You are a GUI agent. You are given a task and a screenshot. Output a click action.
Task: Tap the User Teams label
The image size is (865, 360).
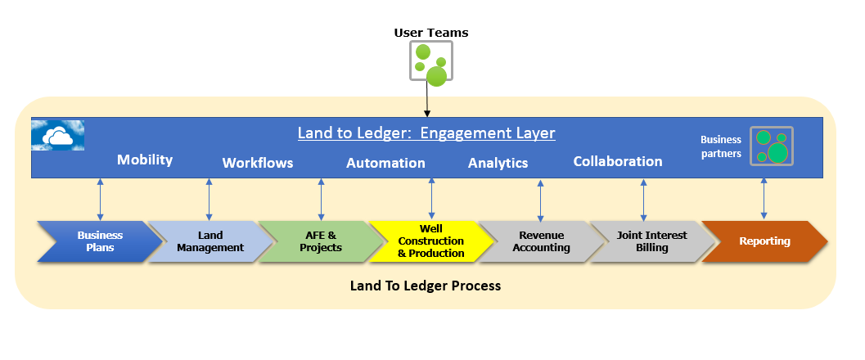431,33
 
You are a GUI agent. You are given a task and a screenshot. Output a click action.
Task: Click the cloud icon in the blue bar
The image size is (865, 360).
57,135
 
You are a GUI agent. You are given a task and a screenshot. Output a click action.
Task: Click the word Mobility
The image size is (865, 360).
145,160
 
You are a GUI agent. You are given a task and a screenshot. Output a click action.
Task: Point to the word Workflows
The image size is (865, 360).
258,163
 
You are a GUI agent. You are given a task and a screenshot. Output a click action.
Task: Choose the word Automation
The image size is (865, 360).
385,163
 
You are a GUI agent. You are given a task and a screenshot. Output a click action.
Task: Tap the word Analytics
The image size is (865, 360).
498,163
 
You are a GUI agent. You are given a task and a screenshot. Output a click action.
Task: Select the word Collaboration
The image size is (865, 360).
618,161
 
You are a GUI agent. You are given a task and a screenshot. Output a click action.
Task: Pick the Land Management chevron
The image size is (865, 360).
210,241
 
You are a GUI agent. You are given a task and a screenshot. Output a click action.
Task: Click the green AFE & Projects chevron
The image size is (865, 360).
321,241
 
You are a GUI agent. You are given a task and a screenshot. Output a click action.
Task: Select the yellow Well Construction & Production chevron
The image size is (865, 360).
431,241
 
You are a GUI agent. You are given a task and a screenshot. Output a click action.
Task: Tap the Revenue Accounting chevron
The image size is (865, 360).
541,241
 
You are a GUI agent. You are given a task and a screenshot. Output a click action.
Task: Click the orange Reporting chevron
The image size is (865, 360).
765,241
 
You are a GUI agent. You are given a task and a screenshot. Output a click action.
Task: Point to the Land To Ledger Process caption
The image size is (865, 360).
426,286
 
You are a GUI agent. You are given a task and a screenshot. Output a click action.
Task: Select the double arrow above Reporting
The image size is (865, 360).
764,199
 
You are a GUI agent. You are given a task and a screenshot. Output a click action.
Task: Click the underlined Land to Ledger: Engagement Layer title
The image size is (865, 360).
426,133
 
